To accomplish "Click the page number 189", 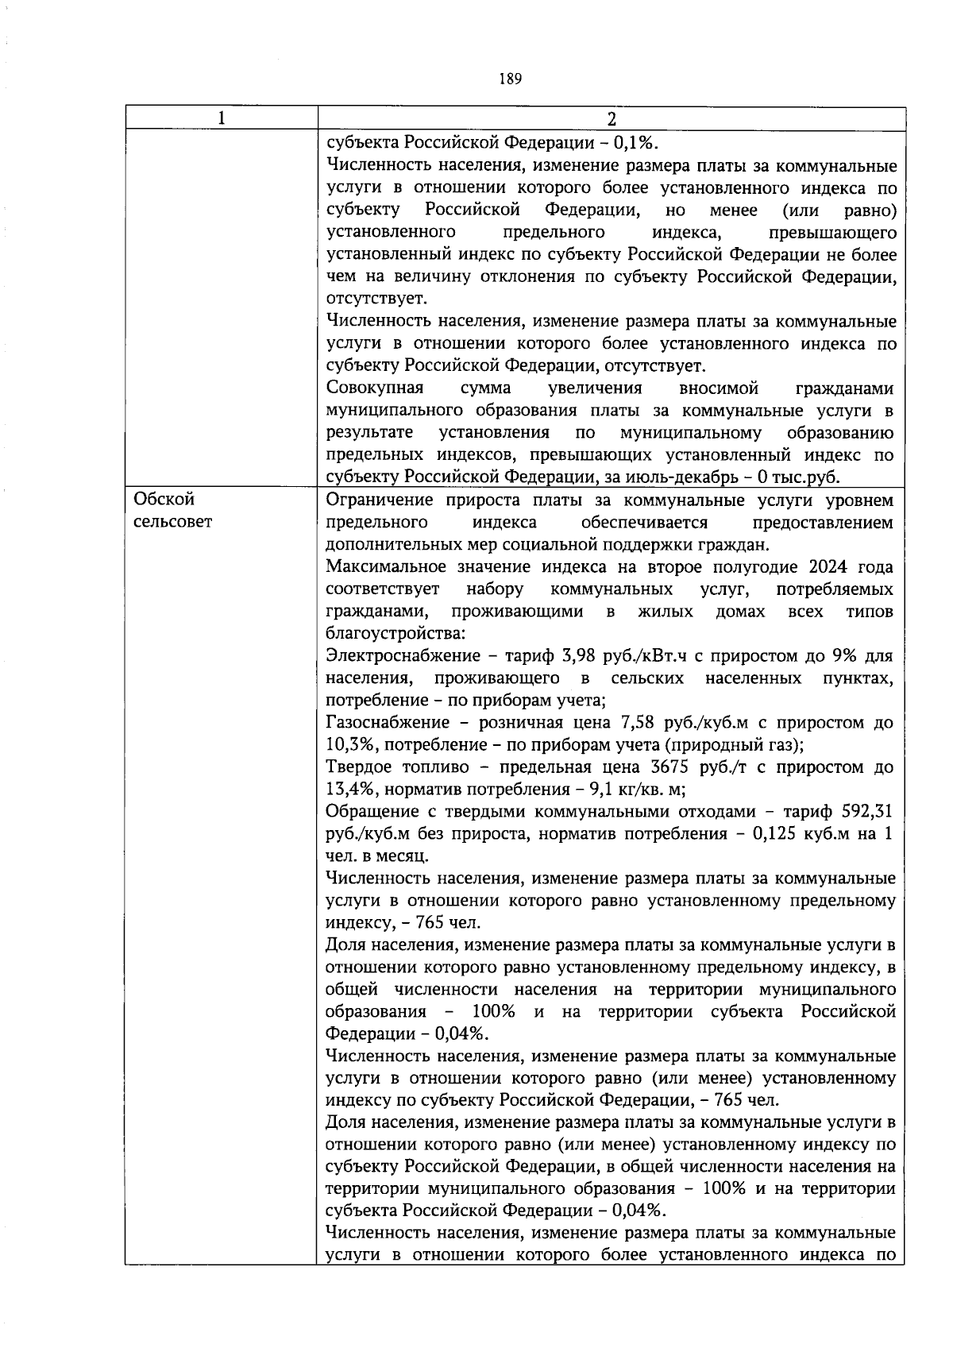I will tap(510, 79).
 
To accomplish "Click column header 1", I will tap(221, 119).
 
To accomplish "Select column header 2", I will tap(611, 119).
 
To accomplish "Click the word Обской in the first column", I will tap(164, 500).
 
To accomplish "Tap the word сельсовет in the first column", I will tap(173, 522).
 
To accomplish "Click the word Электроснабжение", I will tap(403, 656).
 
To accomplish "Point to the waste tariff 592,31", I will tap(866, 812).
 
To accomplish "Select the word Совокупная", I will tap(375, 388).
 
